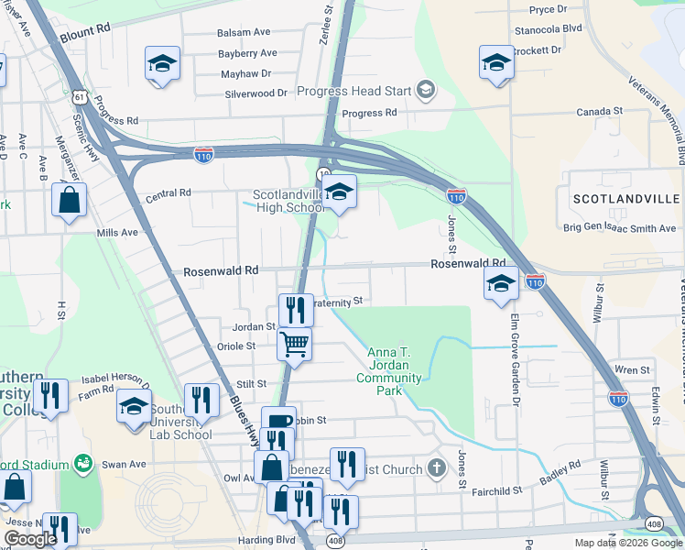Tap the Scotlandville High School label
click(x=288, y=201)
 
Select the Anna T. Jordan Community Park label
click(x=394, y=371)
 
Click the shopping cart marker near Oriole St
click(x=295, y=345)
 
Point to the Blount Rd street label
click(x=85, y=29)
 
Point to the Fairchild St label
click(x=496, y=491)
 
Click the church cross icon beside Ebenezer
click(x=438, y=469)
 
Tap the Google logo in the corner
click(x=30, y=539)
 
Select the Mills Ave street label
click(x=117, y=233)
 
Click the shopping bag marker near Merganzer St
click(x=69, y=199)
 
